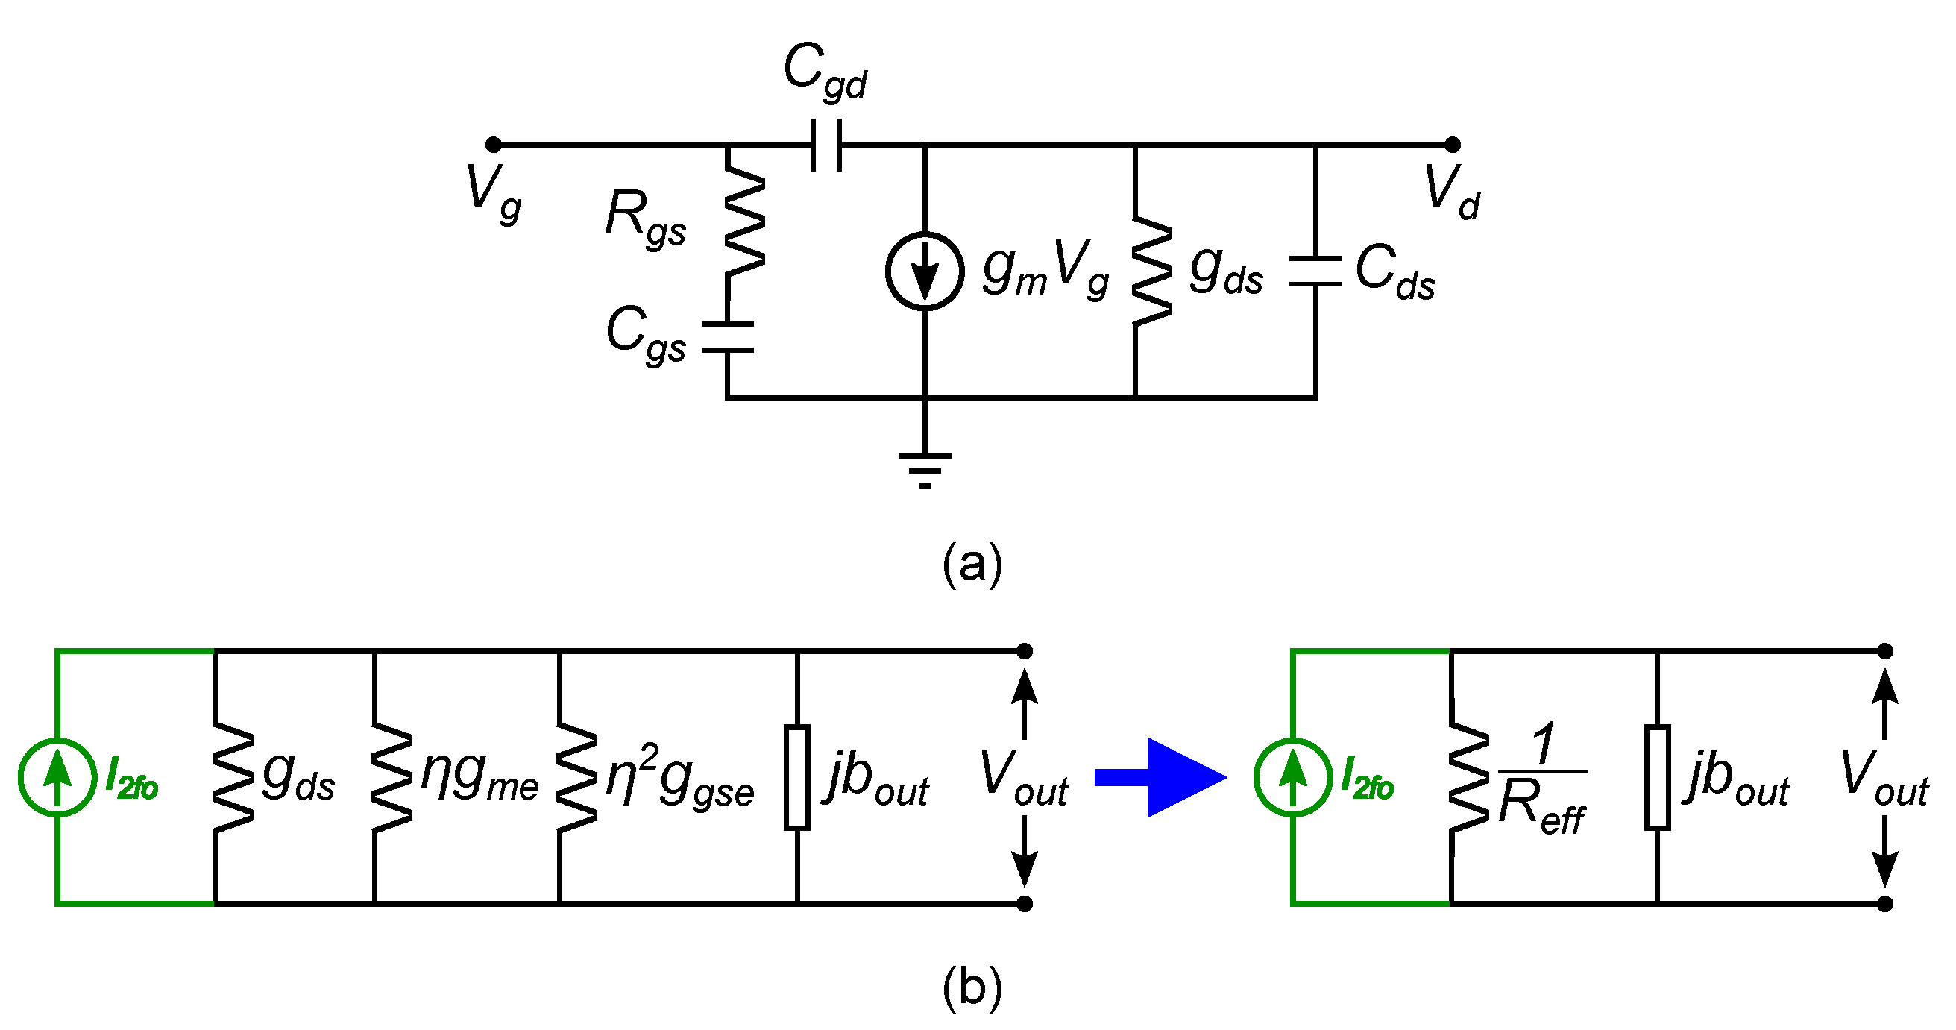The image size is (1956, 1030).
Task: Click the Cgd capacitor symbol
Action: tap(826, 145)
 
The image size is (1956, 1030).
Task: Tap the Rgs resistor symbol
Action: tap(744, 222)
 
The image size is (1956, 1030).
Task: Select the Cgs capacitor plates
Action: tap(726, 337)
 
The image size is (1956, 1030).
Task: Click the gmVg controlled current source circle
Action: tap(924, 271)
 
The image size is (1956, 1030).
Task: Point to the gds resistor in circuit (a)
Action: tap(1151, 271)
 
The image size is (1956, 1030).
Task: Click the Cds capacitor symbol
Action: tap(1315, 271)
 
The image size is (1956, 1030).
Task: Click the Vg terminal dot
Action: tap(493, 145)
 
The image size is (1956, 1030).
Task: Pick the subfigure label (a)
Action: tap(972, 565)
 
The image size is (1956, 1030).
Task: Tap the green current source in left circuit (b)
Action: tap(57, 777)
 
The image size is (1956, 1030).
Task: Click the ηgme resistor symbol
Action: tap(391, 777)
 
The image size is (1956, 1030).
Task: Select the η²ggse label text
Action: tap(679, 779)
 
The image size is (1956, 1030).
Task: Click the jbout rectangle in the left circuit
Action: tap(796, 777)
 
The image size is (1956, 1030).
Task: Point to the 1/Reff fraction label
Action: tap(1541, 779)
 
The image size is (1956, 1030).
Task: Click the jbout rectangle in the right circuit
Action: tap(1657, 777)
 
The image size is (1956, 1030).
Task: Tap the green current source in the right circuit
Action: tap(1292, 777)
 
